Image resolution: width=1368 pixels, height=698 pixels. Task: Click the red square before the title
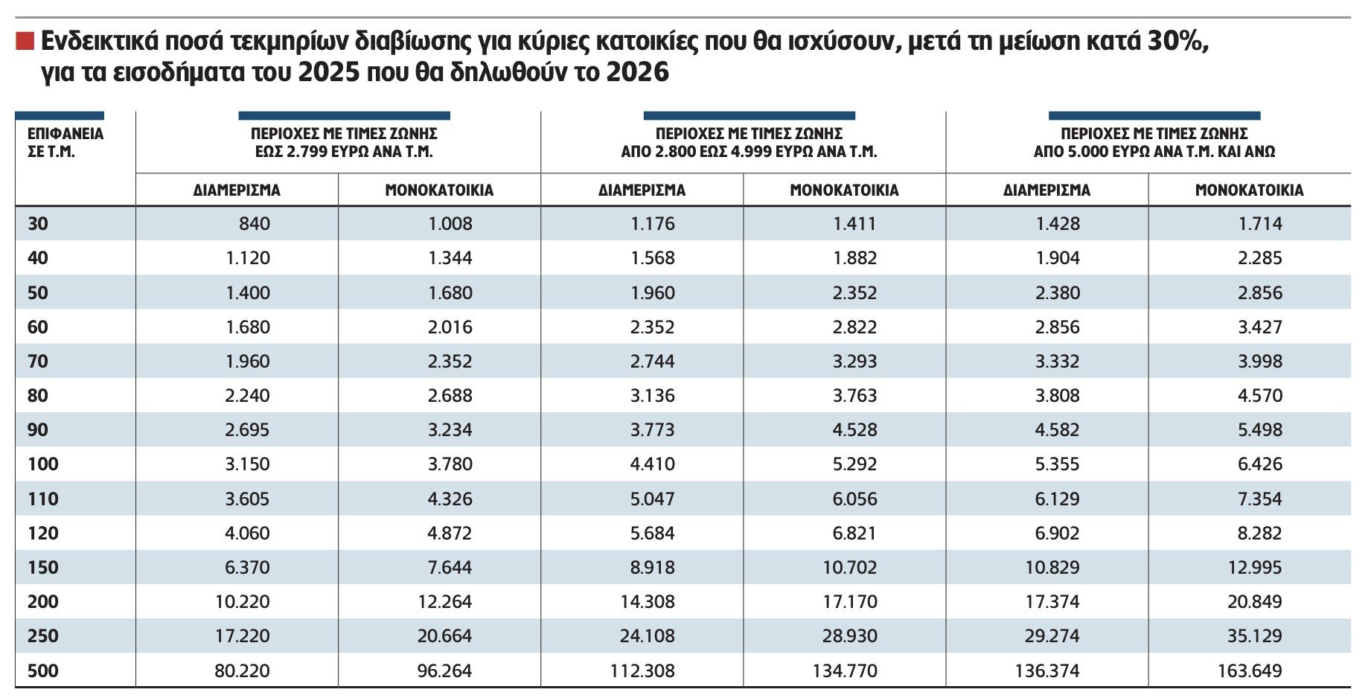pos(25,41)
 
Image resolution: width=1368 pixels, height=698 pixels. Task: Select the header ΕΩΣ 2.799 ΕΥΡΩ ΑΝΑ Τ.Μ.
pos(344,152)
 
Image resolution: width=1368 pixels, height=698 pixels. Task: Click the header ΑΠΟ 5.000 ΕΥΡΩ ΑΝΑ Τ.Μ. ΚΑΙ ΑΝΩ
pos(1154,152)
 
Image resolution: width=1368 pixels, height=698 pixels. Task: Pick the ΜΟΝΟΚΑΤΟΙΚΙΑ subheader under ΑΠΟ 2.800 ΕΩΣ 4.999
pos(844,190)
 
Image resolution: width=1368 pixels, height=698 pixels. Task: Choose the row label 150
pos(42,568)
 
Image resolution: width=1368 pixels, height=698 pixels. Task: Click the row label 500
pos(42,671)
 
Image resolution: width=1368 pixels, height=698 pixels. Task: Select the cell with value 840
pos(255,224)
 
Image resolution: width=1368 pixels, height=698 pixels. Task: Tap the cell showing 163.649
pos(1250,671)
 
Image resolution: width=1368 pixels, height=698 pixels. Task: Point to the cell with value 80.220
pos(242,671)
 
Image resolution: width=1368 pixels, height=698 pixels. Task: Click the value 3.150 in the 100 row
pos(247,464)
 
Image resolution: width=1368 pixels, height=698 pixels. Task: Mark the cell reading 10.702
pos(849,568)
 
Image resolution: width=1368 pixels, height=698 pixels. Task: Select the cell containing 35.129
pos(1255,636)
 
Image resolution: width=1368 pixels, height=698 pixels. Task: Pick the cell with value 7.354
pos(1260,499)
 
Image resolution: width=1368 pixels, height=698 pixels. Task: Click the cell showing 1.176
pos(653,224)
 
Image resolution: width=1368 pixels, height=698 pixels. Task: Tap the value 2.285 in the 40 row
pos(1260,258)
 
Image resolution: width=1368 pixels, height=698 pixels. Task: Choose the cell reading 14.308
pos(648,602)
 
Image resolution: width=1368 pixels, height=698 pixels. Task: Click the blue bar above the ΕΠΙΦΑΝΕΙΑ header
pos(60,116)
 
